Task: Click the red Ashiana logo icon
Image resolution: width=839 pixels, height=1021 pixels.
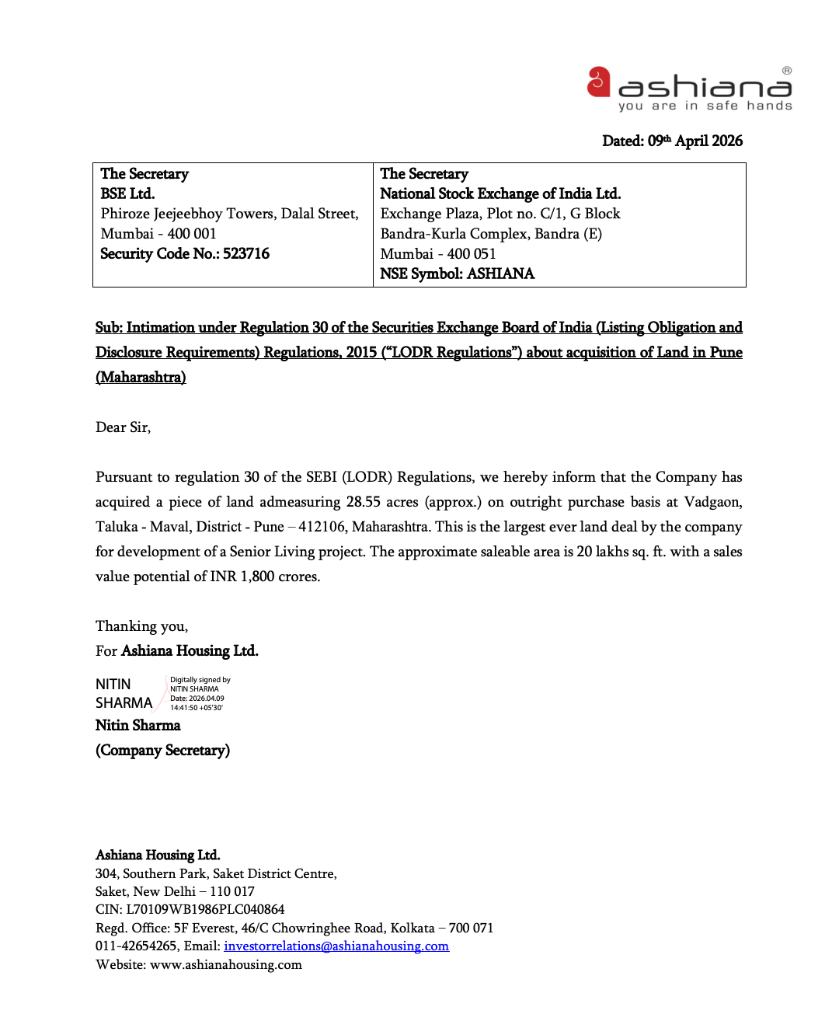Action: point(598,82)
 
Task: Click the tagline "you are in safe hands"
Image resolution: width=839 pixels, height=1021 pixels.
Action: point(705,106)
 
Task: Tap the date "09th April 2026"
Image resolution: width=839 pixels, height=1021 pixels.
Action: point(695,141)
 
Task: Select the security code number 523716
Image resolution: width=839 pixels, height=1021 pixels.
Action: point(246,254)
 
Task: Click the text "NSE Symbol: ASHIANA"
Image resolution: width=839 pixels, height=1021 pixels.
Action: point(457,274)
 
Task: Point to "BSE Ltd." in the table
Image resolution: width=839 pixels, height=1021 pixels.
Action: point(127,193)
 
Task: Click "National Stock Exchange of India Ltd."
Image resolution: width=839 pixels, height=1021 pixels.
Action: point(500,193)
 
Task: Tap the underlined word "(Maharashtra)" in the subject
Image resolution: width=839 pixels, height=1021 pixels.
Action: point(141,378)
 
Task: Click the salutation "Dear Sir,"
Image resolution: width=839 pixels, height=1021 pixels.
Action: point(123,427)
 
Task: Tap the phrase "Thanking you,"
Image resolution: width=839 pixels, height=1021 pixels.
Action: point(141,626)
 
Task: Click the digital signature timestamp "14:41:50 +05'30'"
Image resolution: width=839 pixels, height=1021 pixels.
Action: point(197,708)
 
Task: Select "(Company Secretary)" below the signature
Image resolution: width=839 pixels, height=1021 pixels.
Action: point(162,751)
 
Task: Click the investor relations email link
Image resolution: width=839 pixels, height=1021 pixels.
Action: point(336,946)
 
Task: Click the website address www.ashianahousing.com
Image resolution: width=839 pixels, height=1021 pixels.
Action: point(225,965)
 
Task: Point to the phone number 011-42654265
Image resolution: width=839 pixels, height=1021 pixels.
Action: point(136,946)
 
